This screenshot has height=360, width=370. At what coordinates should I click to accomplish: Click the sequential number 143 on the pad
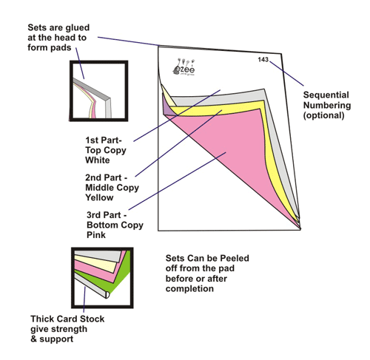click(x=263, y=60)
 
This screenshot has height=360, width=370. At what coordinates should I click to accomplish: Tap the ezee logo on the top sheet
click(x=184, y=67)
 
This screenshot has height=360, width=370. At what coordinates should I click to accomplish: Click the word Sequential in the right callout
click(x=326, y=95)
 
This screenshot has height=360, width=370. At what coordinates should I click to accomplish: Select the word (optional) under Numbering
click(x=323, y=115)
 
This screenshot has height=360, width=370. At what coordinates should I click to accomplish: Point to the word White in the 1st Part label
click(x=98, y=160)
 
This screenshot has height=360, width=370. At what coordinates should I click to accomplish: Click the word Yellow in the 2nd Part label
click(x=99, y=197)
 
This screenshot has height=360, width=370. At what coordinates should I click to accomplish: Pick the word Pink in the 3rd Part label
click(x=96, y=235)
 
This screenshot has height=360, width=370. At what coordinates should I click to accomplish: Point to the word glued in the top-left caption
click(x=77, y=27)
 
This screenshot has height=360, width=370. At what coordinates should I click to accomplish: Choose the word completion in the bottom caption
click(x=189, y=289)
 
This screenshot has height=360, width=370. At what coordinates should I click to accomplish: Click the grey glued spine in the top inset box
click(x=98, y=96)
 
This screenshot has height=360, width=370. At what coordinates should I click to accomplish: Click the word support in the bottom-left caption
click(x=56, y=339)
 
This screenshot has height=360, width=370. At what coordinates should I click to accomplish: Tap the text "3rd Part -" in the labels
click(x=107, y=215)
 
